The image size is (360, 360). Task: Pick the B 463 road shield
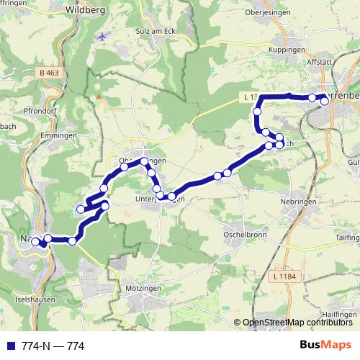click(x=50, y=73)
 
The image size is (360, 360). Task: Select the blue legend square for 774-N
click(x=8, y=346)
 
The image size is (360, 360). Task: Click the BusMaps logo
click(x=325, y=346)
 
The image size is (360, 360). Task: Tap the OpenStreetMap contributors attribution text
click(x=297, y=323)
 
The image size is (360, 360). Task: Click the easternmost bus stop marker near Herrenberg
click(x=325, y=102)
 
